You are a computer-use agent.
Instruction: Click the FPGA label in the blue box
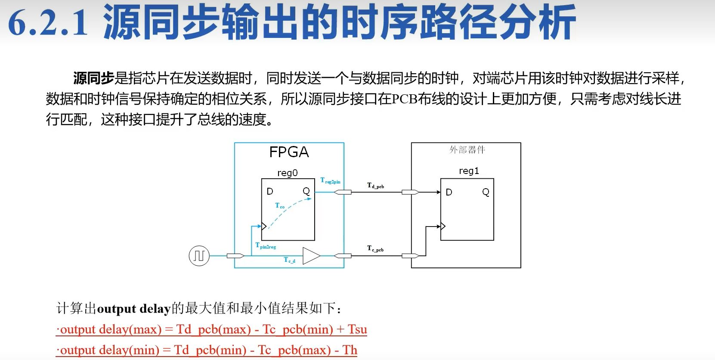pyautogui.click(x=289, y=152)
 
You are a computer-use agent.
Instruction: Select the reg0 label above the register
pyautogui.click(x=287, y=173)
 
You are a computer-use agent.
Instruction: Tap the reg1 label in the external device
pyautogui.click(x=469, y=171)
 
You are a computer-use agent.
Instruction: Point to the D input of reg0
pyautogui.click(x=270, y=191)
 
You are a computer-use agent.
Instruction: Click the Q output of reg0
pyautogui.click(x=306, y=191)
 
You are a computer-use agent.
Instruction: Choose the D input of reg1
pyautogui.click(x=449, y=192)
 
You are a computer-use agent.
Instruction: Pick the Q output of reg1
pyautogui.click(x=486, y=192)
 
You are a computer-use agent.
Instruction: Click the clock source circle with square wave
pyautogui.click(x=199, y=256)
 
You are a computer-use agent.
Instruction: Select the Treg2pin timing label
pyautogui.click(x=330, y=181)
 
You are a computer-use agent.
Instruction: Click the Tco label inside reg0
pyautogui.click(x=280, y=206)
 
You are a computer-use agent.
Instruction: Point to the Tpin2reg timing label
pyautogui.click(x=266, y=246)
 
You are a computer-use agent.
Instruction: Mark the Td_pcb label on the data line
pyautogui.click(x=375, y=186)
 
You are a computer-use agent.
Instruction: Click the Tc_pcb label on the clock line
pyautogui.click(x=375, y=248)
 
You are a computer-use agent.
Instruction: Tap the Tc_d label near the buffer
pyautogui.click(x=289, y=260)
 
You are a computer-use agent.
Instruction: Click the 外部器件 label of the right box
pyautogui.click(x=467, y=150)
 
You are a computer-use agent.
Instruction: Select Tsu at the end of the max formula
pyautogui.click(x=357, y=329)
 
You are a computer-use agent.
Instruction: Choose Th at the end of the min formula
pyautogui.click(x=350, y=350)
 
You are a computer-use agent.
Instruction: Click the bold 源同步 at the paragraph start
pyautogui.click(x=93, y=78)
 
